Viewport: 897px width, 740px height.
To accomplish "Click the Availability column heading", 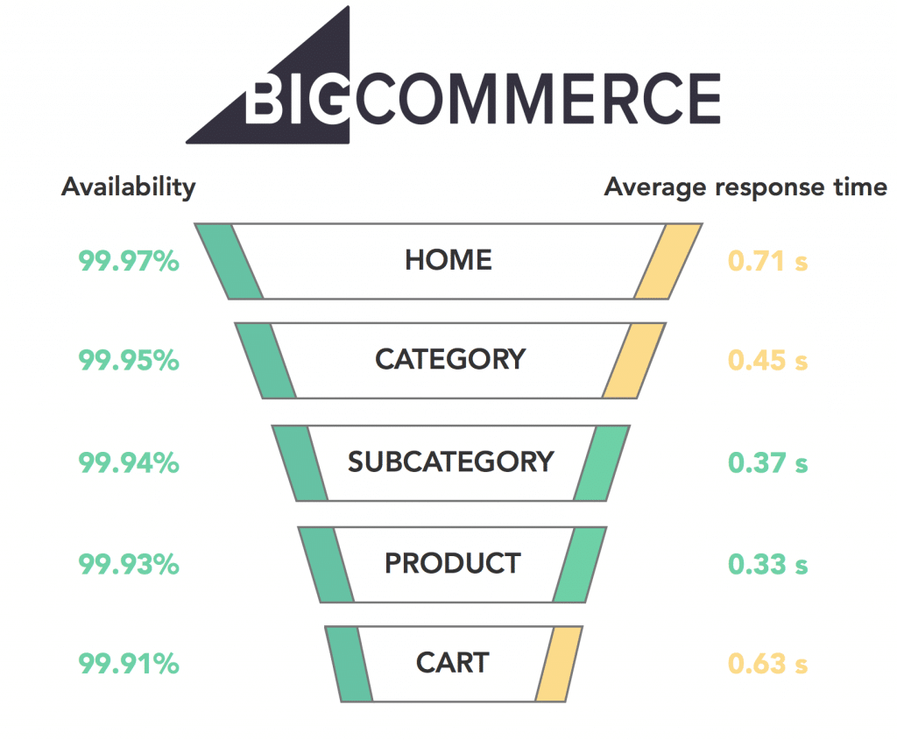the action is (x=128, y=187).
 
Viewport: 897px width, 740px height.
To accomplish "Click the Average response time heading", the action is (x=745, y=187).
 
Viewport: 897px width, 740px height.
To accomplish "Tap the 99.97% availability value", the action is (x=129, y=261).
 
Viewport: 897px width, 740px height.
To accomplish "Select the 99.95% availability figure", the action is (x=129, y=360).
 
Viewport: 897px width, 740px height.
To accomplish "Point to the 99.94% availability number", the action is (x=129, y=462).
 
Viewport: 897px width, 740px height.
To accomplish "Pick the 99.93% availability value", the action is (x=129, y=564).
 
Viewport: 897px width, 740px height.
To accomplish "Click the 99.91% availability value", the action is (x=129, y=663).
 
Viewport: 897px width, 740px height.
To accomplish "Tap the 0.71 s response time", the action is (x=767, y=261).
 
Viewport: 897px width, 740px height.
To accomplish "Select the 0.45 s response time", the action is (x=767, y=360).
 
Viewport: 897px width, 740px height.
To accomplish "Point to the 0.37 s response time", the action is (x=767, y=462).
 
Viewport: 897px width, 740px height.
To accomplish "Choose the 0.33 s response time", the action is (x=767, y=564).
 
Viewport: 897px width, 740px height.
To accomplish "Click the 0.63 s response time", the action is (x=767, y=663).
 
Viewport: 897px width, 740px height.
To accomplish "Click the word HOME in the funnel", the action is (x=448, y=259).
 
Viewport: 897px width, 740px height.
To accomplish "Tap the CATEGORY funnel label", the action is (x=450, y=359).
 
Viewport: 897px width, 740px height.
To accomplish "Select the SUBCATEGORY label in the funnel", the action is (x=451, y=462).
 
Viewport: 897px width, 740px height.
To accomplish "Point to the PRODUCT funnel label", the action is (x=453, y=563).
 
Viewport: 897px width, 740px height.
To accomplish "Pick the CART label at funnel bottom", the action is (x=453, y=663).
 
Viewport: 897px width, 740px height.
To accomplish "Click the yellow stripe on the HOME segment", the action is (x=668, y=261).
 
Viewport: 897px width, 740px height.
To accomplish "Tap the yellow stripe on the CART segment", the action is (x=559, y=664).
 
